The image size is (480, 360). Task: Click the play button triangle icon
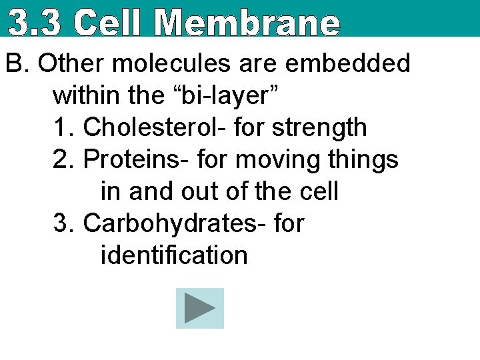(199, 308)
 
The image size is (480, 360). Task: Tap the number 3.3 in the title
(37, 23)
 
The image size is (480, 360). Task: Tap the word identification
(174, 255)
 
